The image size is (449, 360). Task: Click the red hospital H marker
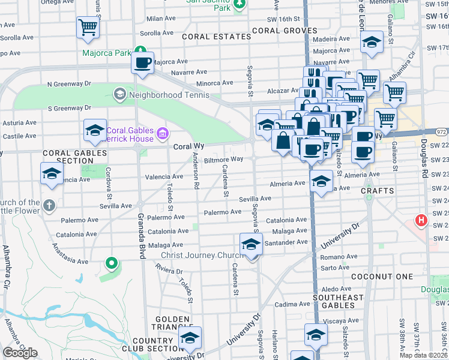[x=421, y=220]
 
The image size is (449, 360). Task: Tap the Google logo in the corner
[x=20, y=353]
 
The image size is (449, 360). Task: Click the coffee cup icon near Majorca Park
[x=143, y=63]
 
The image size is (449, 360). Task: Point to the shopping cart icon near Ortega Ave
[x=88, y=27]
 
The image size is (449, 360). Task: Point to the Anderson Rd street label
[x=196, y=171]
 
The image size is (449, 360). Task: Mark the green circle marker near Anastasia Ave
[x=110, y=262]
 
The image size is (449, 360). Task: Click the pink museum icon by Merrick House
[x=162, y=133]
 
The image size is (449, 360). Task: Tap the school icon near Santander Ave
[x=251, y=244]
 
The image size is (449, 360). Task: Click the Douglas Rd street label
[x=424, y=159]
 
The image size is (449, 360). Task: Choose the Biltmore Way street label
[x=223, y=160]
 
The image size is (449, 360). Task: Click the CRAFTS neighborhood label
[x=377, y=191]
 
